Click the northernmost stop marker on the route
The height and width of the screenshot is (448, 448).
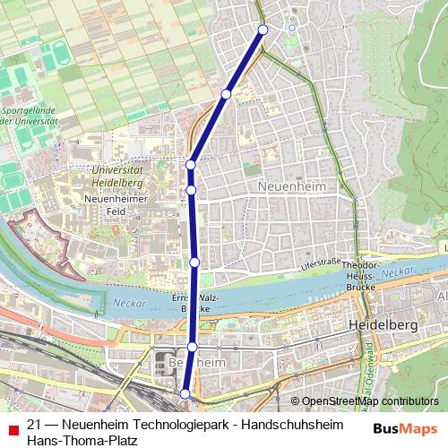tap(263, 30)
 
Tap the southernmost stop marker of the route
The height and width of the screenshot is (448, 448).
tap(185, 393)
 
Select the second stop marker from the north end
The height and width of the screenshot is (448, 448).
tap(227, 93)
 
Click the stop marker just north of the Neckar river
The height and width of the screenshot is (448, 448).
tap(194, 262)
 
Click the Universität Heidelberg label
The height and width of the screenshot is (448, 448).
tap(117, 176)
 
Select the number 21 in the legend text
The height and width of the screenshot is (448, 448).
tap(34, 425)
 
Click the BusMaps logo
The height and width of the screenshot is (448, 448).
tap(405, 428)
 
